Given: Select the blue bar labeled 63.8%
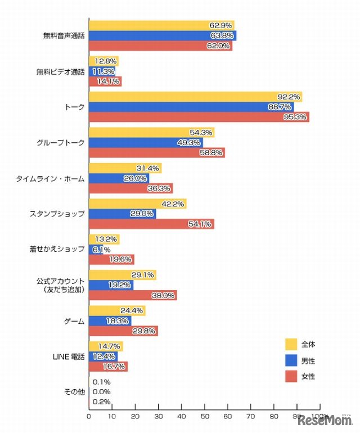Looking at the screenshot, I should coord(163,35).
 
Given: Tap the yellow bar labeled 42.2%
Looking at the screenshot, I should coord(137,204).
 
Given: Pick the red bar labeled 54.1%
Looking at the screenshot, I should coord(151,224).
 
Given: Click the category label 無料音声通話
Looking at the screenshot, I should coord(64,35).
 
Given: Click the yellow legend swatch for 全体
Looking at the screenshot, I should coord(291,344).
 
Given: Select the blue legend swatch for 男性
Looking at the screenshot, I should coord(291,360).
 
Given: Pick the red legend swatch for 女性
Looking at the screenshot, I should coord(291,376).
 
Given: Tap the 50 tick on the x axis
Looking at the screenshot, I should coord(204,417).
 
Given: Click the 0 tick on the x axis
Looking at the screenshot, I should coord(89,417).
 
